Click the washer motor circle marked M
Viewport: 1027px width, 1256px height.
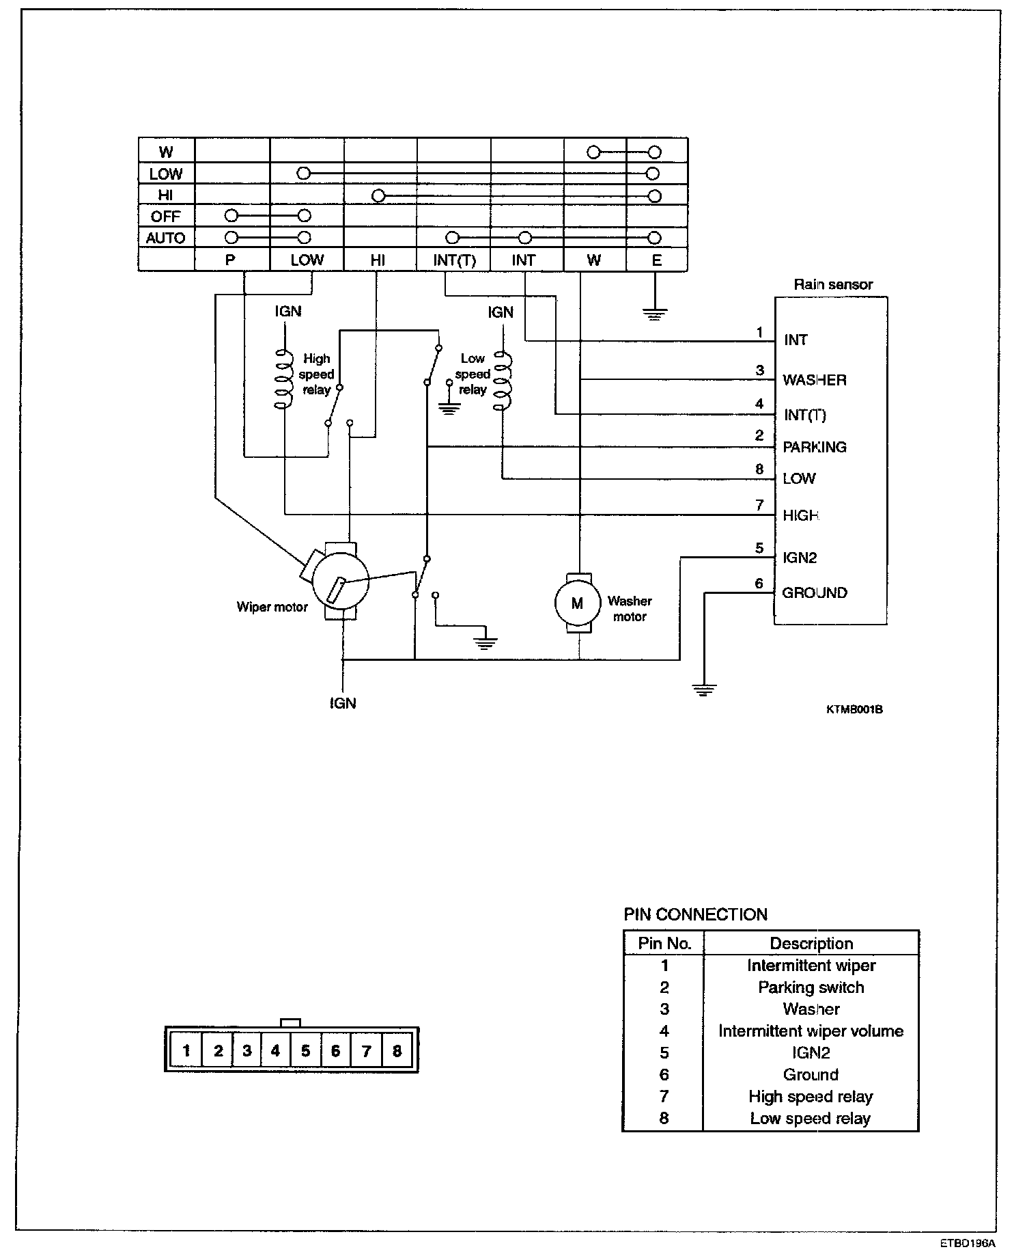[577, 603]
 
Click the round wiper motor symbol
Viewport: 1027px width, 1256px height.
[339, 582]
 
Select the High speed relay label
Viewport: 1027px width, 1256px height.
[317, 374]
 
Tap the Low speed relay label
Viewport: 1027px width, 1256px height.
[473, 374]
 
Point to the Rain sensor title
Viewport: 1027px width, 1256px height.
[832, 284]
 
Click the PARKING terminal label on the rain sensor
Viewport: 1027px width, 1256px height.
[815, 447]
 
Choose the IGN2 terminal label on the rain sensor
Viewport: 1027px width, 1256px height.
[800, 557]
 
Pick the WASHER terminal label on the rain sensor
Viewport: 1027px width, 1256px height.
[815, 380]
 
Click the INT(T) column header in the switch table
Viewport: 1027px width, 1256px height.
[454, 260]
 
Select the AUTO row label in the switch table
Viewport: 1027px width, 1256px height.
[166, 238]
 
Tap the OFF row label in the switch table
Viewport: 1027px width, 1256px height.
[166, 217]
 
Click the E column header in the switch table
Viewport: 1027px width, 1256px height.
[657, 260]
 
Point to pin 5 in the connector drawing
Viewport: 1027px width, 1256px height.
[305, 1050]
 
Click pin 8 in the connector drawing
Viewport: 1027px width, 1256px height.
[397, 1050]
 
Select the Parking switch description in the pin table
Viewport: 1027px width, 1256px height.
[811, 987]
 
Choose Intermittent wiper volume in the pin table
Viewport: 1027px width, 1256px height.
[811, 1031]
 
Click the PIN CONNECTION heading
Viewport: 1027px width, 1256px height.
[696, 914]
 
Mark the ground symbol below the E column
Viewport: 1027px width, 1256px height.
[655, 314]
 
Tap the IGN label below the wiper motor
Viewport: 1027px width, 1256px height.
[343, 703]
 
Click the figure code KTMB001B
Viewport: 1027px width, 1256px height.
[854, 709]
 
